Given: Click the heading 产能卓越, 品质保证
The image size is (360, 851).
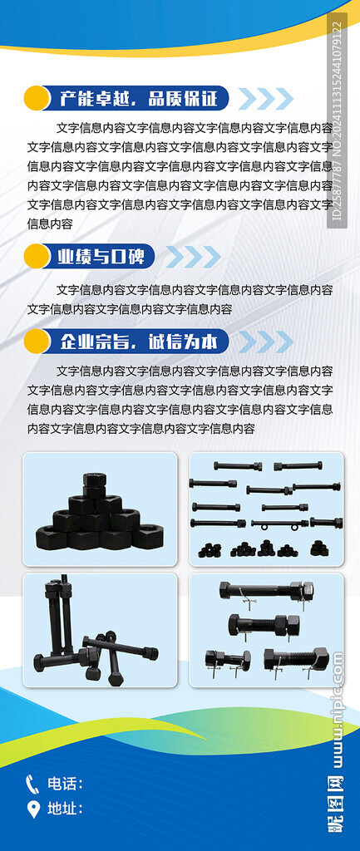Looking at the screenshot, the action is (x=139, y=98).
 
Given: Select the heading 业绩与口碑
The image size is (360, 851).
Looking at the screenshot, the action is (x=101, y=257).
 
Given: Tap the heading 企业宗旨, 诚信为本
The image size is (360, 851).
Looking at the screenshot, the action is (x=139, y=342).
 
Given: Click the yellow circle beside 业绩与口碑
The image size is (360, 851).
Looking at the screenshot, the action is (x=37, y=256).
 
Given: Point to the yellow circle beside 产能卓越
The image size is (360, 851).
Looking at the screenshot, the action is (x=37, y=98).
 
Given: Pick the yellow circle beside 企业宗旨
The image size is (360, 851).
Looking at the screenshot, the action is (x=37, y=342).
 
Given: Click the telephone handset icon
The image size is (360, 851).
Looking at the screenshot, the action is (x=32, y=785).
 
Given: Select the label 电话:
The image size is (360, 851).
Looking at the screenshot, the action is (x=65, y=784).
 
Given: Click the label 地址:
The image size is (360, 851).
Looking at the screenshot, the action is (x=65, y=809).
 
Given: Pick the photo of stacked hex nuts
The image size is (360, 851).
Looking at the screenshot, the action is (x=100, y=509).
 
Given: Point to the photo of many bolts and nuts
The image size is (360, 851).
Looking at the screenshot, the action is (x=266, y=509).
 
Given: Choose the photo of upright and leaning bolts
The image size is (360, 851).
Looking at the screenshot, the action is (x=100, y=630).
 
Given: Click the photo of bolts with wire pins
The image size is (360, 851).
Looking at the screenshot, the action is (x=266, y=630).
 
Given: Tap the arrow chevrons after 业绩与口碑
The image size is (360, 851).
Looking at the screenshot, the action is (x=194, y=257).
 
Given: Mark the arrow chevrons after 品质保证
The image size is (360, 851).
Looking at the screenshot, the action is (x=266, y=99).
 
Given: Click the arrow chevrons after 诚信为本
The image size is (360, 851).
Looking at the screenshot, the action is (x=266, y=342).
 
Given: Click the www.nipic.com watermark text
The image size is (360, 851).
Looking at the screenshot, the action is (x=338, y=711).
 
